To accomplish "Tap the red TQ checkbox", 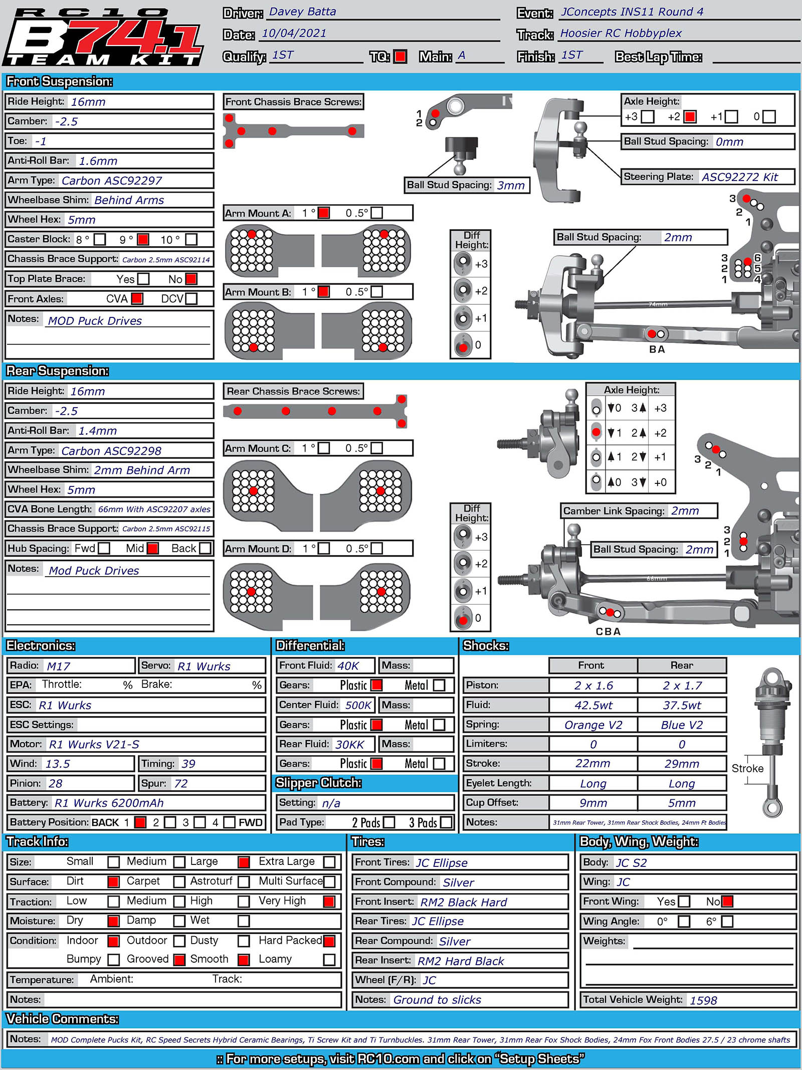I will (400, 57).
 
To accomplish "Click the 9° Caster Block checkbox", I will (143, 239).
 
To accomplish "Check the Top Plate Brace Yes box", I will (143, 279).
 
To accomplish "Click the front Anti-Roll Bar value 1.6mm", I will (98, 161).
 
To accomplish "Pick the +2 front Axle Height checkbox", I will (690, 117).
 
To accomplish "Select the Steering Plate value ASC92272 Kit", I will (739, 177).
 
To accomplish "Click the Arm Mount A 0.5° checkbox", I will (377, 213).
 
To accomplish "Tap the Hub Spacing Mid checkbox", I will (153, 549).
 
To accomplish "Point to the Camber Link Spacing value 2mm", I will (685, 511).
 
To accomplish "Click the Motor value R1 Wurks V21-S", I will (94, 745).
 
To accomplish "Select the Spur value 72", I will (181, 784).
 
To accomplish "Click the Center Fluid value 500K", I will (358, 705).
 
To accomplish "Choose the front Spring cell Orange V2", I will (593, 725).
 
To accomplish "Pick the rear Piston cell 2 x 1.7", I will (682, 685).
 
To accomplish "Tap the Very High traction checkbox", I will (329, 902).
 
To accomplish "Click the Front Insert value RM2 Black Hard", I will (464, 903).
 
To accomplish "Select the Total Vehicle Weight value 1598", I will (703, 1000).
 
